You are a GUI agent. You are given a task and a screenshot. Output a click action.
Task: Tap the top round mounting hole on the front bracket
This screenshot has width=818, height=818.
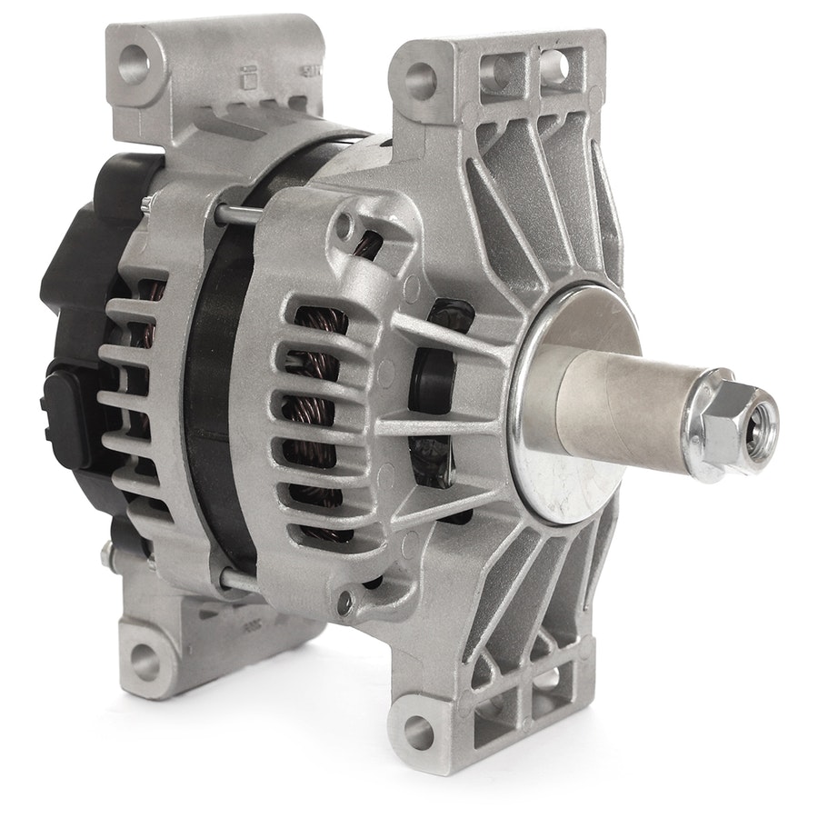[x=421, y=75]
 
